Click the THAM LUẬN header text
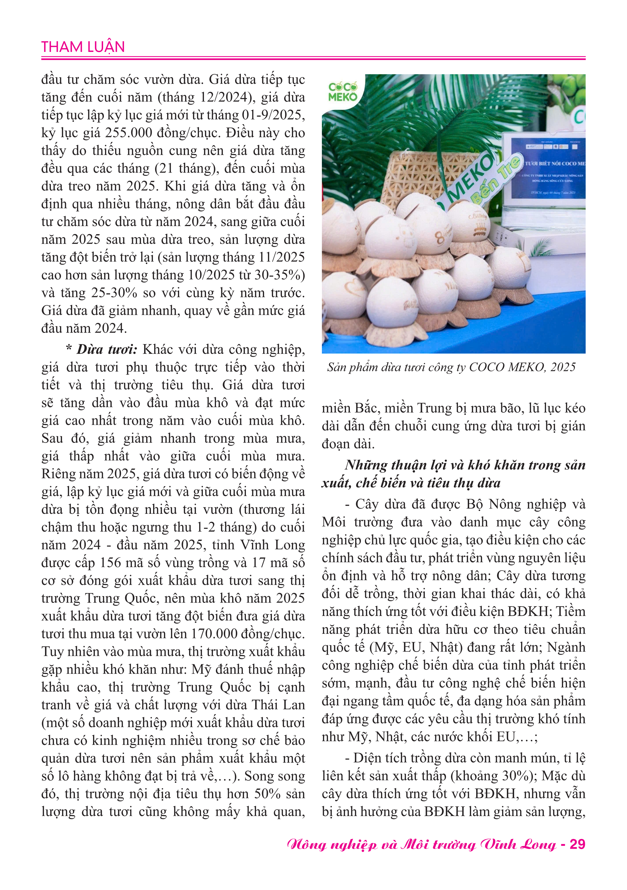click(83, 47)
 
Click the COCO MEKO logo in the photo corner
click(342, 92)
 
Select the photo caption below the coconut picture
click(451, 367)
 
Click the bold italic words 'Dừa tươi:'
click(107, 350)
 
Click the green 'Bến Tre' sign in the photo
click(495, 179)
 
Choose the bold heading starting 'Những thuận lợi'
click(453, 474)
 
